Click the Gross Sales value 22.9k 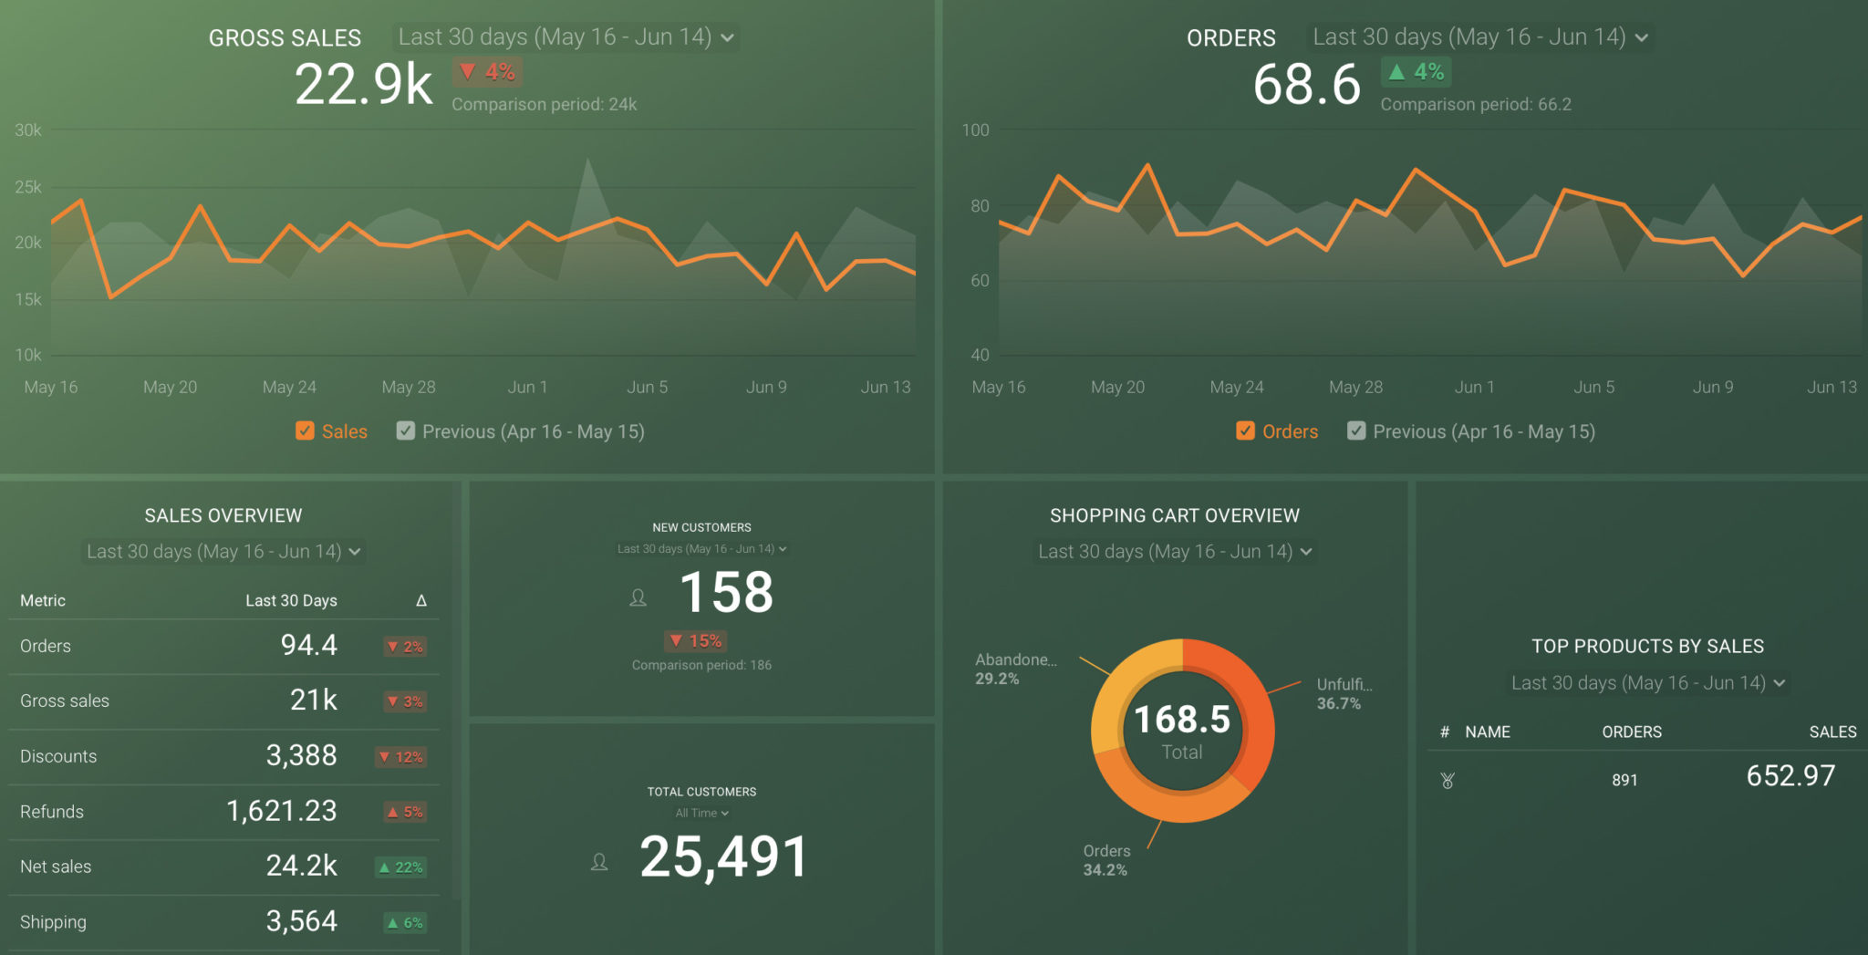click(363, 85)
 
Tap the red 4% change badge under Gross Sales click(488, 72)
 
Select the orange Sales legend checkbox click(305, 431)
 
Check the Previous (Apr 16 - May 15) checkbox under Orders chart click(1356, 431)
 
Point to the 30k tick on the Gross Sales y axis click(28, 130)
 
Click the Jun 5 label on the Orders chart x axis click(1593, 387)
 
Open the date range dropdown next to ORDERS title click(1479, 37)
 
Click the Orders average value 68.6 click(1306, 85)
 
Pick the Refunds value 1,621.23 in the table click(281, 811)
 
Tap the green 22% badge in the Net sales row click(401, 867)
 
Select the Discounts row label click(58, 756)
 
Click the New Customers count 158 click(726, 592)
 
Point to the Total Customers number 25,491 click(723, 857)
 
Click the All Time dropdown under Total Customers click(701, 813)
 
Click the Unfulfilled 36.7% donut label click(1343, 693)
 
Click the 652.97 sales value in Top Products click(1790, 776)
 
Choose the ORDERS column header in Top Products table click(1631, 732)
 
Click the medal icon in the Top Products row click(1448, 780)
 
